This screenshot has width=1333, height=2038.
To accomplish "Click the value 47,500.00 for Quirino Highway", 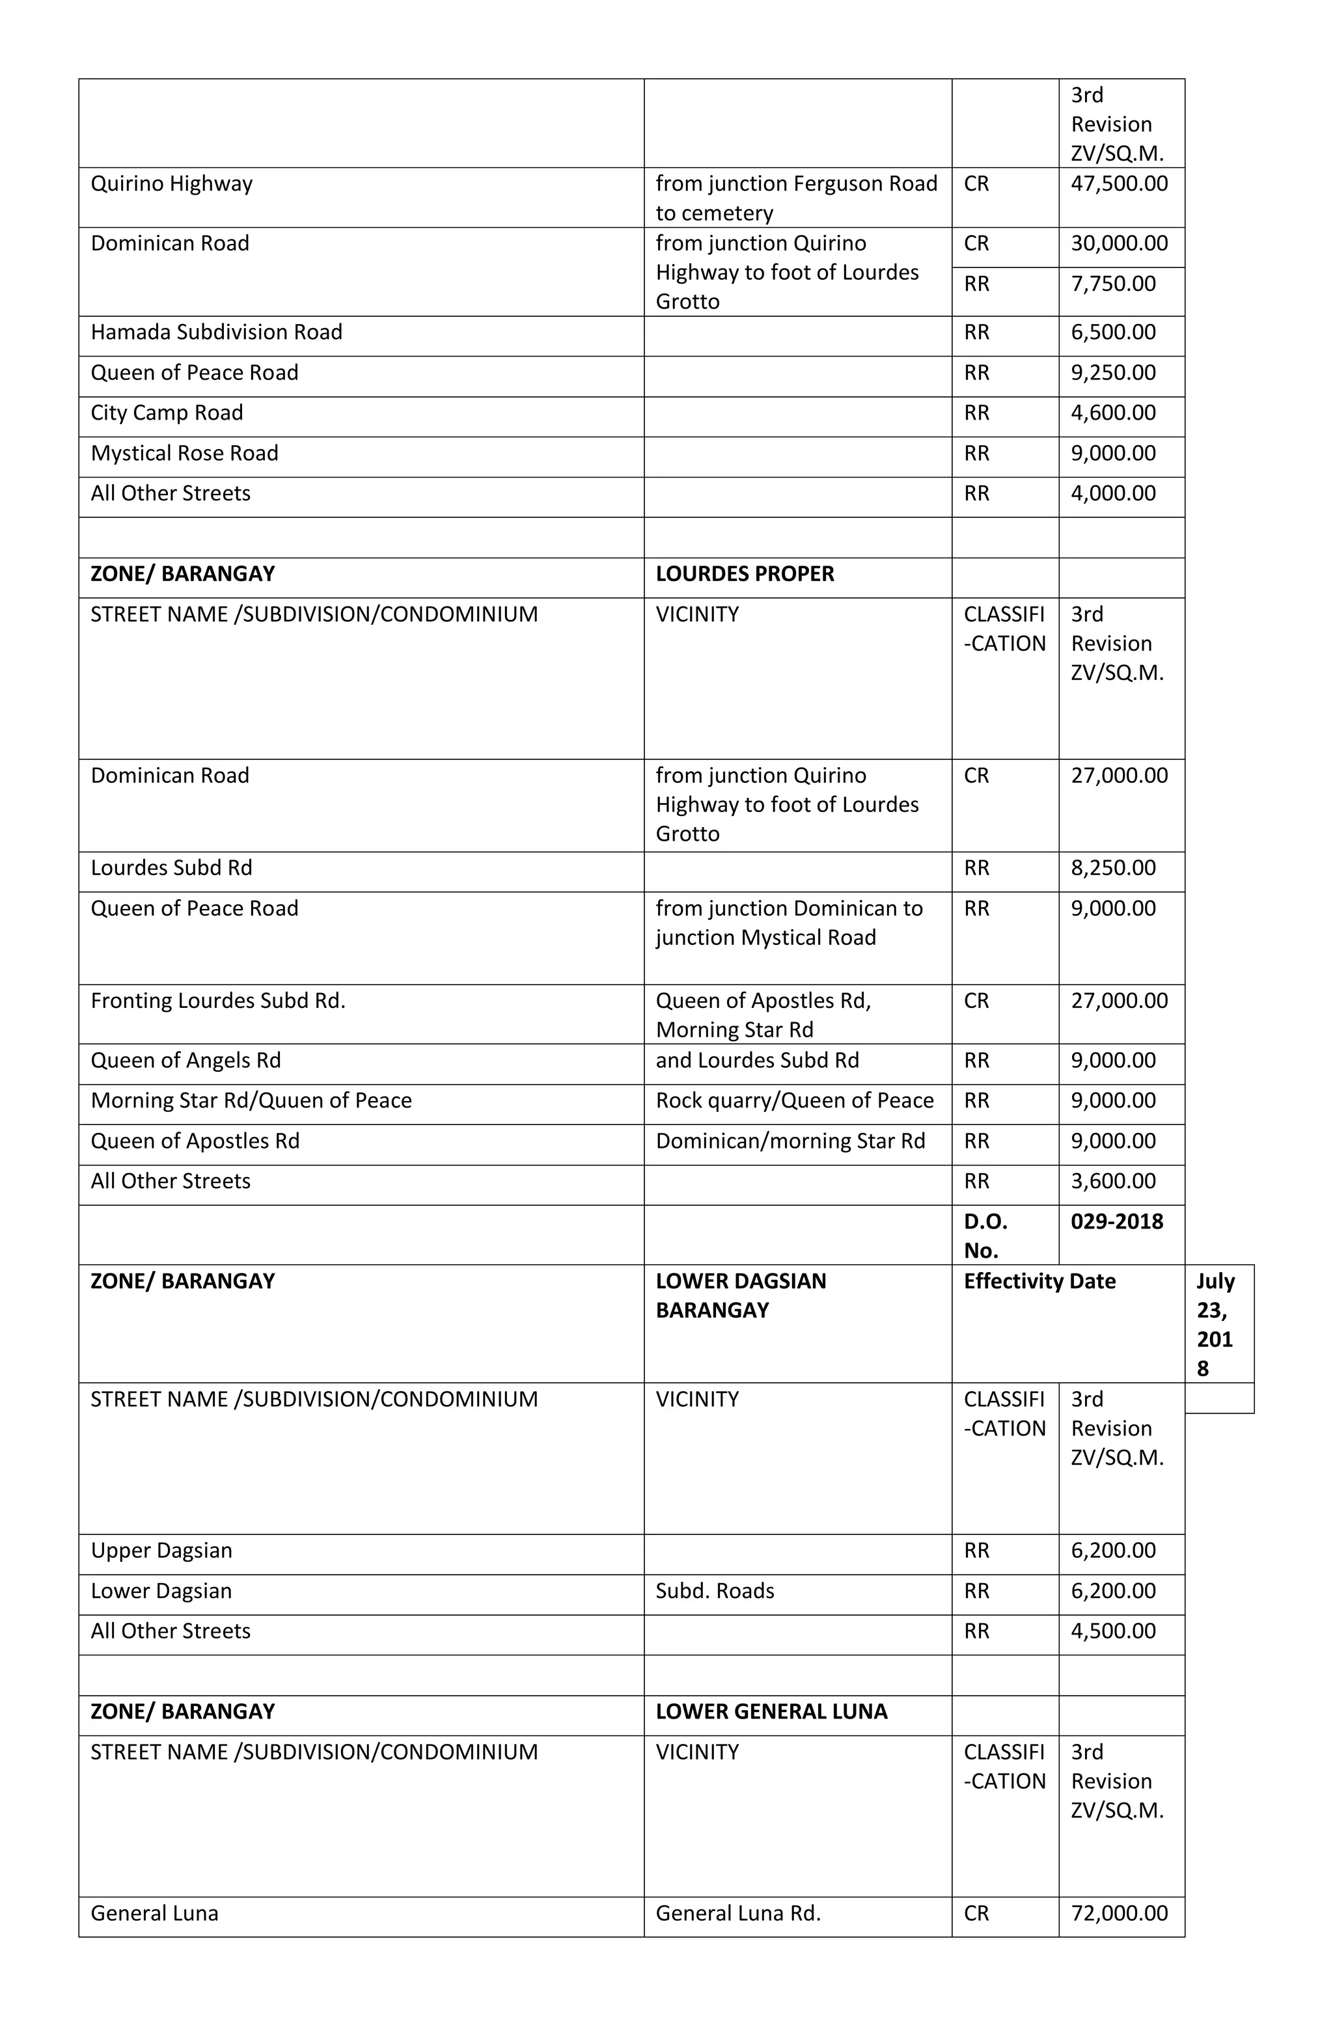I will pyautogui.click(x=1118, y=184).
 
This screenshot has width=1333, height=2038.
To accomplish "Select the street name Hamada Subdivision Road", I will pyautogui.click(x=216, y=333).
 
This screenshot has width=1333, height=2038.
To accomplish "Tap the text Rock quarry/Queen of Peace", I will pyautogui.click(x=793, y=1100).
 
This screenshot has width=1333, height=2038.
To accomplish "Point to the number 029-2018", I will pyautogui.click(x=1116, y=1221).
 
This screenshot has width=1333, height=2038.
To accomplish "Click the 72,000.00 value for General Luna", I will pyautogui.click(x=1118, y=1913).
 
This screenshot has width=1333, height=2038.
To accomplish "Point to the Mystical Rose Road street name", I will pyautogui.click(x=184, y=453).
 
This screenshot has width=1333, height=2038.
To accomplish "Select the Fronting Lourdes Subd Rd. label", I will pyautogui.click(x=217, y=1001).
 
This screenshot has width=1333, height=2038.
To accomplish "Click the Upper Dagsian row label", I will pyautogui.click(x=161, y=1551).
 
